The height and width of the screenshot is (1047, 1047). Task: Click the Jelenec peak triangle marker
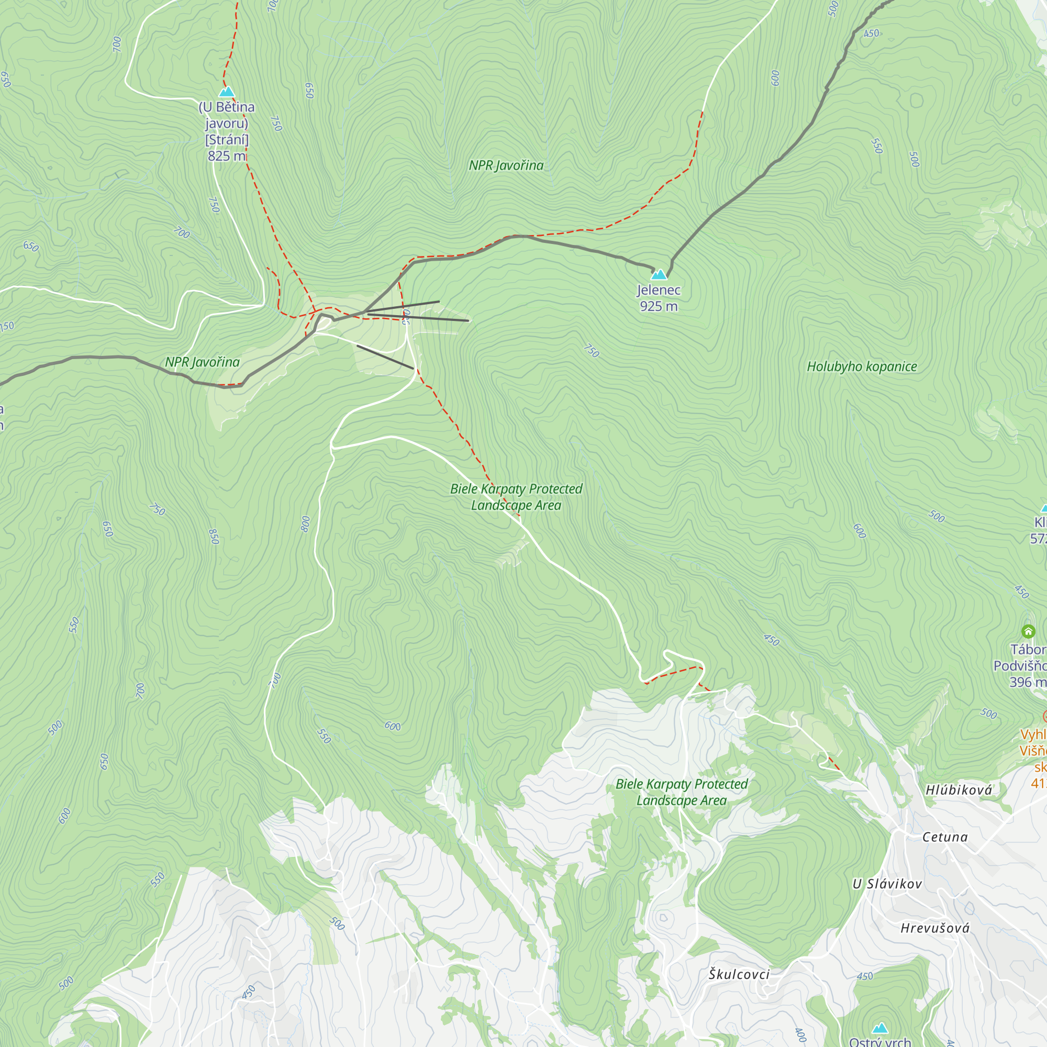(x=659, y=275)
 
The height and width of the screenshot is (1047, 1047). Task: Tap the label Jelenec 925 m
(x=659, y=298)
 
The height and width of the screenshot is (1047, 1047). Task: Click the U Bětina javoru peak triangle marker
(x=227, y=92)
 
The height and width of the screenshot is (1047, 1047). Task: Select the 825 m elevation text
(x=227, y=156)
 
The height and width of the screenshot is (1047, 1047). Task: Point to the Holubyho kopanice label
(x=862, y=367)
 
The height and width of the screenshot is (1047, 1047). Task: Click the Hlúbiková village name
(x=959, y=790)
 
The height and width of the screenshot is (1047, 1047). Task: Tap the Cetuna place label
(x=944, y=837)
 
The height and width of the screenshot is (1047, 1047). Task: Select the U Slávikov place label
(x=887, y=884)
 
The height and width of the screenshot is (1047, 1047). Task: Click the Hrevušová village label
(x=935, y=928)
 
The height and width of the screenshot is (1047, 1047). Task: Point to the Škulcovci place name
(x=739, y=974)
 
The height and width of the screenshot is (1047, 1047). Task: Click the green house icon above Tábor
(x=1028, y=631)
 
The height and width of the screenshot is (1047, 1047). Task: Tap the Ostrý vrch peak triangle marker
(x=880, y=1028)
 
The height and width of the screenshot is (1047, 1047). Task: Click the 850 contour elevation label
(x=214, y=537)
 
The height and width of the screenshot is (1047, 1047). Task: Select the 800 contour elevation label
(x=306, y=524)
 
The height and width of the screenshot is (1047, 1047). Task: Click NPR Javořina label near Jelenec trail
(x=506, y=166)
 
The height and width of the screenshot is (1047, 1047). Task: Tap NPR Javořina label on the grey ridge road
(x=202, y=362)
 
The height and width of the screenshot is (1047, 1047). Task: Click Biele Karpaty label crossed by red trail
(x=516, y=497)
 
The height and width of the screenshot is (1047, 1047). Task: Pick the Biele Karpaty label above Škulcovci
(x=681, y=792)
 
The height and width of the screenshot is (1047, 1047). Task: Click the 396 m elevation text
(x=1027, y=682)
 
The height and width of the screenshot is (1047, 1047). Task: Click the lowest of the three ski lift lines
(x=385, y=357)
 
